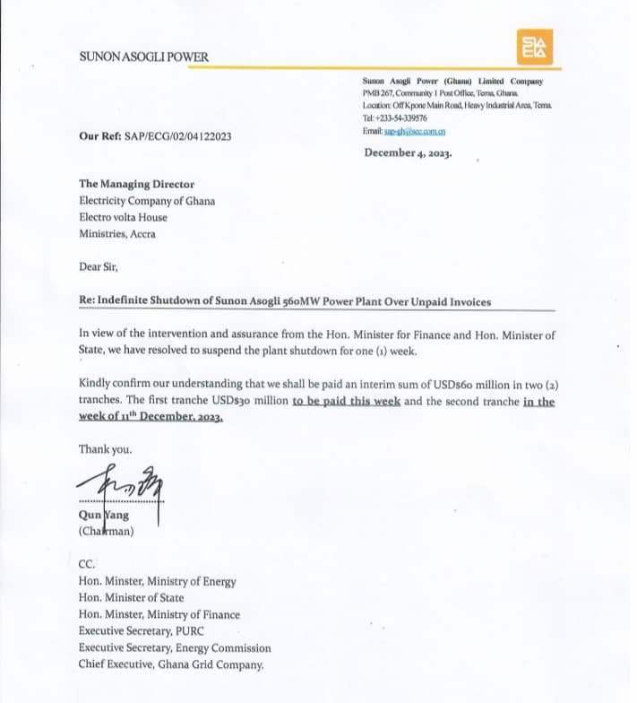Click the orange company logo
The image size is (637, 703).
[535, 47]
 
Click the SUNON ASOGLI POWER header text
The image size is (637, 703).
[143, 57]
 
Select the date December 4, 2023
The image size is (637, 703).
[408, 152]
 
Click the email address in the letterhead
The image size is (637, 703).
[415, 132]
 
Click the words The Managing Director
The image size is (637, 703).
[136, 184]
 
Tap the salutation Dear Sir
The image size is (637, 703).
[99, 266]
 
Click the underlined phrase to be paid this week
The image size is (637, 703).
[346, 401]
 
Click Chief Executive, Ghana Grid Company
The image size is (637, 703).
[171, 664]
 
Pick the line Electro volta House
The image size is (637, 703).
[123, 217]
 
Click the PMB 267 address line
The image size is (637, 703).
[440, 93]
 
